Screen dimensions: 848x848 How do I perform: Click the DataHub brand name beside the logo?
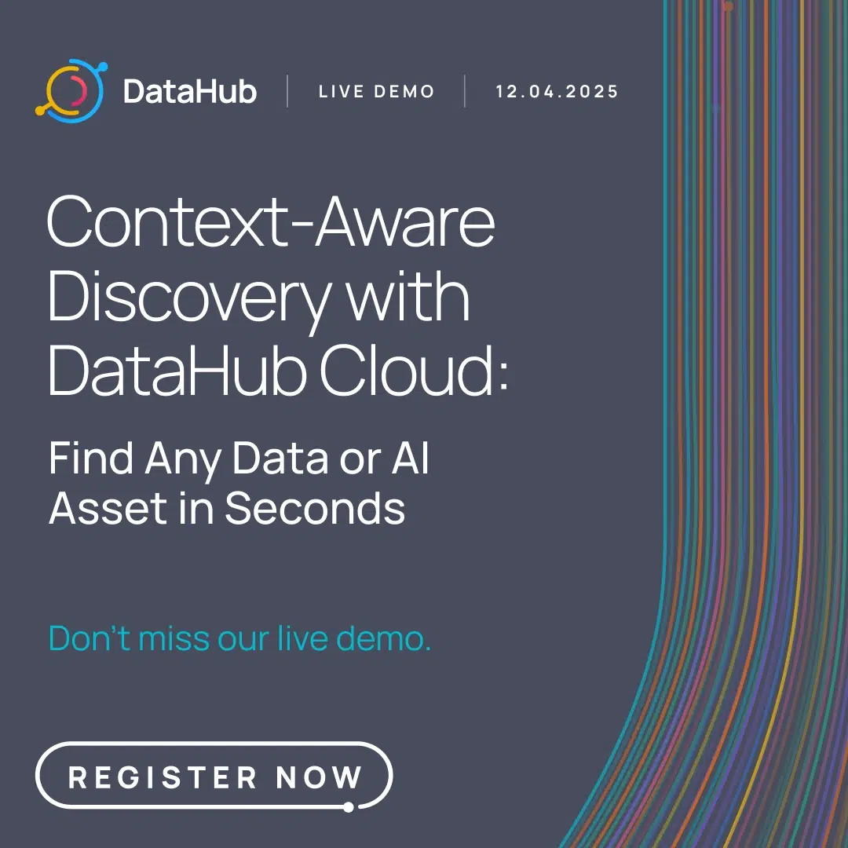point(190,92)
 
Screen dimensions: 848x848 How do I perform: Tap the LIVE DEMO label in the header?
point(376,92)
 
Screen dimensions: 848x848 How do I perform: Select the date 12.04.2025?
point(557,92)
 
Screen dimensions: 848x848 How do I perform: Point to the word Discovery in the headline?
point(188,299)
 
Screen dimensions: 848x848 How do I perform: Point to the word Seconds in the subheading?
point(315,508)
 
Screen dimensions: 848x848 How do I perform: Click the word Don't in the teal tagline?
point(90,638)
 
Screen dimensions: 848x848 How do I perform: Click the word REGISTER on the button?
point(163,777)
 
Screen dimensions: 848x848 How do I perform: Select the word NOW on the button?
point(319,777)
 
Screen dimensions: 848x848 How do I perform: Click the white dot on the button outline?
point(348,806)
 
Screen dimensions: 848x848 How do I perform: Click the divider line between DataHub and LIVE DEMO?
point(287,92)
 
